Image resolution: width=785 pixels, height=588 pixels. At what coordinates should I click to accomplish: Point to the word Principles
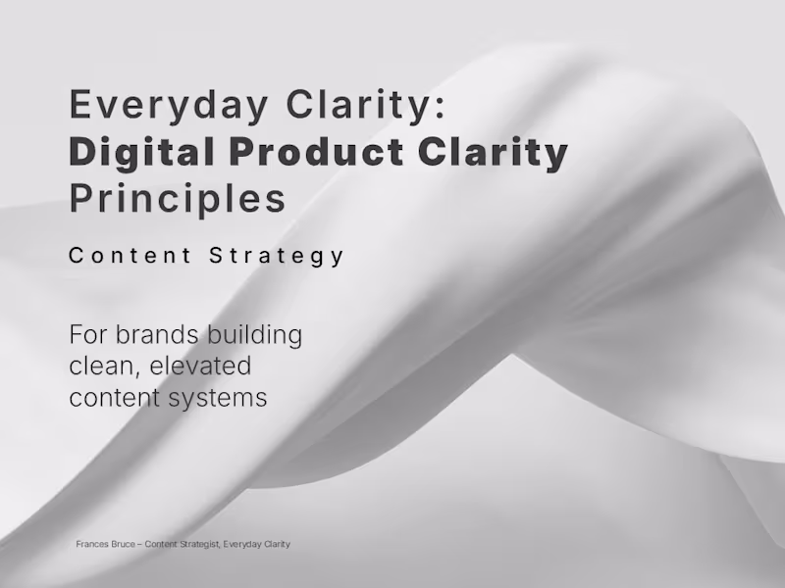coord(178,198)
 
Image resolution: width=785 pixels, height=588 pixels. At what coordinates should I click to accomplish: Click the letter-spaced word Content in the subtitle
coord(131,256)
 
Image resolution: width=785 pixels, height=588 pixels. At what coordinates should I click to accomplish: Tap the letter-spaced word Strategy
coord(278,256)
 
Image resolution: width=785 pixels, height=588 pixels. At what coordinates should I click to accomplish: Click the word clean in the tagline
coord(101,367)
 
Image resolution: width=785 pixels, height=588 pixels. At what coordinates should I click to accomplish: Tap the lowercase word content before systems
coord(109,398)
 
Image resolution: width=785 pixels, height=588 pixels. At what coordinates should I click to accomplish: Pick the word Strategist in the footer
coord(196,544)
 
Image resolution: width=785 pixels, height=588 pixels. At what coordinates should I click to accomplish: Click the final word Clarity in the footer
coord(279,544)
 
